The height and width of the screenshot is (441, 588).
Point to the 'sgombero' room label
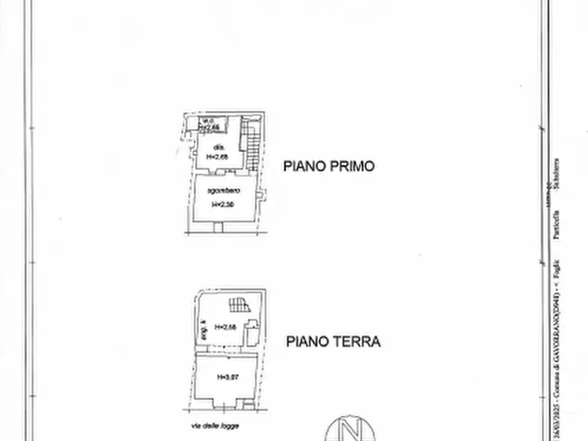(x=223, y=191)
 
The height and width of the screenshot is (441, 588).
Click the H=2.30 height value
(x=223, y=205)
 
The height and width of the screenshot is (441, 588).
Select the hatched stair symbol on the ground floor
(x=238, y=304)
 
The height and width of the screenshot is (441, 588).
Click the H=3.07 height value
(x=227, y=377)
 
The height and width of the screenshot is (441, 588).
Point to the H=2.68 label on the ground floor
(x=225, y=327)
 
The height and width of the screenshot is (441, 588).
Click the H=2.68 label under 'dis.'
(x=217, y=157)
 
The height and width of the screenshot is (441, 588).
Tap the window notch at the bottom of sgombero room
(x=218, y=228)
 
